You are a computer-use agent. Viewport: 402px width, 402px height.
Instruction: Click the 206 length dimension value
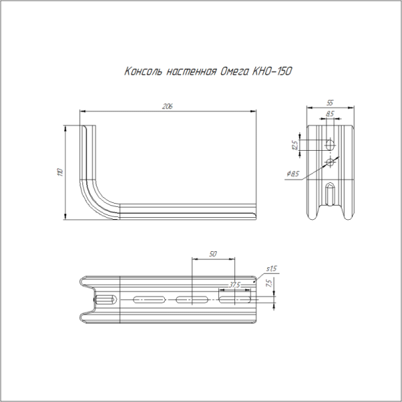coord(167,106)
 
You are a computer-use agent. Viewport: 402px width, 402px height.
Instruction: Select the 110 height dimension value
coord(60,172)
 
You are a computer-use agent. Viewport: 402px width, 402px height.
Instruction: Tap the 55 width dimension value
coord(330,103)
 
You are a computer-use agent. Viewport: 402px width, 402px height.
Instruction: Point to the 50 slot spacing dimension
coord(212,254)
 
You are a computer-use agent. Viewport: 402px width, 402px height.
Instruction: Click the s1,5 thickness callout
coord(271,269)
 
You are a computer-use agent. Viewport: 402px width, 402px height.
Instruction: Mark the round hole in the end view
coord(330,161)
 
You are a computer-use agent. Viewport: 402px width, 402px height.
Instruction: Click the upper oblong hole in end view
coord(330,144)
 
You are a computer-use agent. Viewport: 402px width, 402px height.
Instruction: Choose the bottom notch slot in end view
coord(330,195)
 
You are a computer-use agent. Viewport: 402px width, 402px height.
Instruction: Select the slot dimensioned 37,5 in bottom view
coord(235,298)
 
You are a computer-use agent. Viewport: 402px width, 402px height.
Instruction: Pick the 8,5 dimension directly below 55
coord(330,115)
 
